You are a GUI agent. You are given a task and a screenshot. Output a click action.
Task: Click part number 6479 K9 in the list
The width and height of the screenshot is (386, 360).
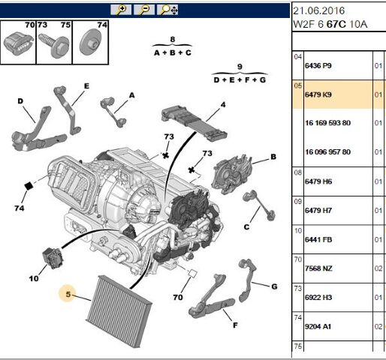click(x=317, y=94)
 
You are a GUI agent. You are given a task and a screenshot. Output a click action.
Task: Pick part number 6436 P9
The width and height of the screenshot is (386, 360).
click(x=317, y=66)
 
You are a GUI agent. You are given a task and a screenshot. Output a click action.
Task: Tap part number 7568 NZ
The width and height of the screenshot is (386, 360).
click(x=317, y=268)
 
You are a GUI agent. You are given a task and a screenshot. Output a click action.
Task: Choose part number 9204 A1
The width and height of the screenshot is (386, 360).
click(x=317, y=325)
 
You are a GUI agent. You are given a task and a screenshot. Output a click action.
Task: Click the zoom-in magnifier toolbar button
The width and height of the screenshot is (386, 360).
click(x=120, y=10)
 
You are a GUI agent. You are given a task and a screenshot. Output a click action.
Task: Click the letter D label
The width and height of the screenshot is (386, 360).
click(x=20, y=100)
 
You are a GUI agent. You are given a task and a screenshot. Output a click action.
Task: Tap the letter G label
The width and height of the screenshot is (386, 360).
click(x=274, y=287)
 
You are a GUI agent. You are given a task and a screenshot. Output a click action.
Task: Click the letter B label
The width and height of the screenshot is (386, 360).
click(x=273, y=157)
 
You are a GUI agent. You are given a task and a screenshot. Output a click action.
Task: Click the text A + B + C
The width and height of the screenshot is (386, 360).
click(x=172, y=53)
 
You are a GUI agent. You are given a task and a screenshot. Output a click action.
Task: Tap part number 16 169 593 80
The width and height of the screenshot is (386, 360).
click(x=327, y=123)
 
